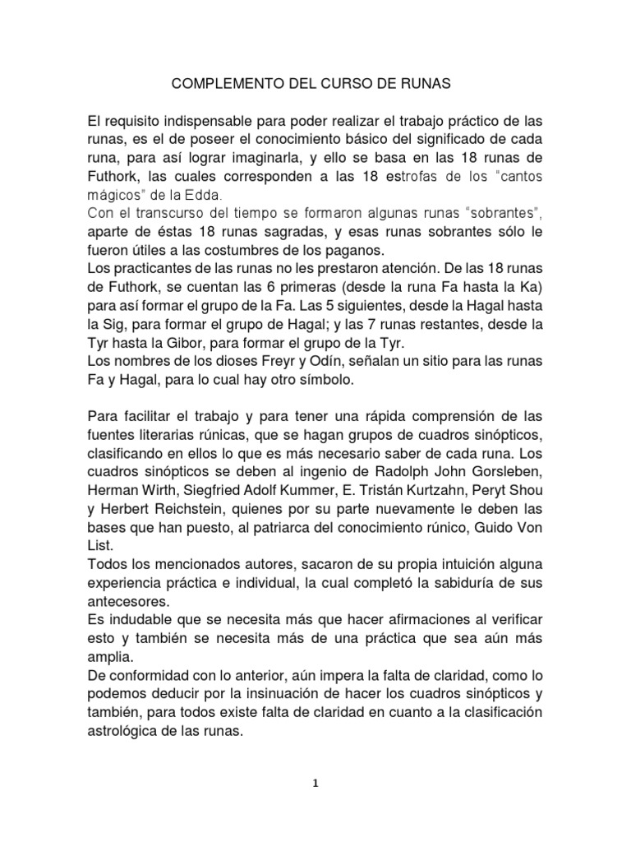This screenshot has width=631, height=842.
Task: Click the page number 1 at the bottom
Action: click(x=315, y=784)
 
